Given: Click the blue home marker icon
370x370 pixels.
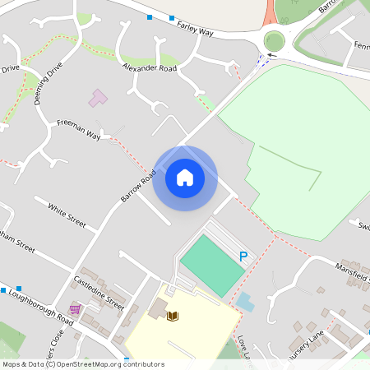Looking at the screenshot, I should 184,178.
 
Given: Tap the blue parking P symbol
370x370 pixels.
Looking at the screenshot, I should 243,257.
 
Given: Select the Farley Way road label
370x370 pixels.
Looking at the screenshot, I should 195,29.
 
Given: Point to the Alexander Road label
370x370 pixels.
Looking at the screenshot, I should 150,67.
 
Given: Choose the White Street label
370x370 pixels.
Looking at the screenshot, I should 67,215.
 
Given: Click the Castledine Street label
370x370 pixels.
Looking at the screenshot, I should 99,292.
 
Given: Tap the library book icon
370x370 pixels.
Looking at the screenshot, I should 173,316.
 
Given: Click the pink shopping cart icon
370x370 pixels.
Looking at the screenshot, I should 75,309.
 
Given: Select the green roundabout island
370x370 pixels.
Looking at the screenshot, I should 274,41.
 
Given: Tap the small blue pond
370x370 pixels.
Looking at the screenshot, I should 245,301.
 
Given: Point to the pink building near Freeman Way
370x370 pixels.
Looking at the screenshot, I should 98,99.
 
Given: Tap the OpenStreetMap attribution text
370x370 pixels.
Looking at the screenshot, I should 83,364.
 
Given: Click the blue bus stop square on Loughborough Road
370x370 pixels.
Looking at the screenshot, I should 3,290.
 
